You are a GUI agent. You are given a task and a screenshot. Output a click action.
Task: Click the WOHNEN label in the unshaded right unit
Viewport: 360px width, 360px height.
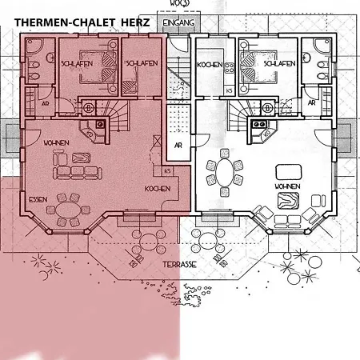pyautogui.click(x=287, y=186)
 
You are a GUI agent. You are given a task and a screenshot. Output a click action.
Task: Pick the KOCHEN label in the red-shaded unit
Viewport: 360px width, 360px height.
pyautogui.click(x=157, y=189)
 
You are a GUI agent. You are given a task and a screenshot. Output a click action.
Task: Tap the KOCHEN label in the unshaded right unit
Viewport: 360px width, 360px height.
pyautogui.click(x=210, y=64)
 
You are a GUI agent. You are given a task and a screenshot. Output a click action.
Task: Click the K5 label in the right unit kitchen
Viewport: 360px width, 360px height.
pyautogui.click(x=230, y=90)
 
